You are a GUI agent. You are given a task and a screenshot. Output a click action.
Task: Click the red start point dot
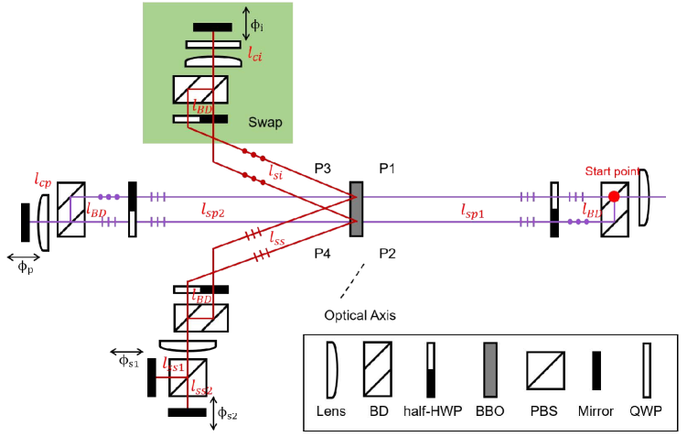[x=614, y=196]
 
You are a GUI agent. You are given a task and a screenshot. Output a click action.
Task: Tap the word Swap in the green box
[x=265, y=122]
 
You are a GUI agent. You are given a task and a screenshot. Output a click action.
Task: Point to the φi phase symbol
[x=258, y=24]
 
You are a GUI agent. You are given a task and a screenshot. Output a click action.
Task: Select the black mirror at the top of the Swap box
[x=212, y=27]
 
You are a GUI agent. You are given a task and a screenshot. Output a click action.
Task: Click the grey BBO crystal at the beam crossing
[x=356, y=209]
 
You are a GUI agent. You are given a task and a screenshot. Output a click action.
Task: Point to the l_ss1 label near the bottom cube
[x=174, y=366]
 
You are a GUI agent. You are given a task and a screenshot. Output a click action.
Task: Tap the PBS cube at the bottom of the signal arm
[x=188, y=378]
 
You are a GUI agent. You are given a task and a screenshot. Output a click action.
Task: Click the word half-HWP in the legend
[x=431, y=411]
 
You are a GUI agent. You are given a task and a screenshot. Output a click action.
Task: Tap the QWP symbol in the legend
[x=647, y=370]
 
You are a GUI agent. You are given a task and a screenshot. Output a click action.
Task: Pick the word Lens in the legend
[x=331, y=411]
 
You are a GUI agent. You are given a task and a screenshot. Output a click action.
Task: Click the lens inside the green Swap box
[x=212, y=61]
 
